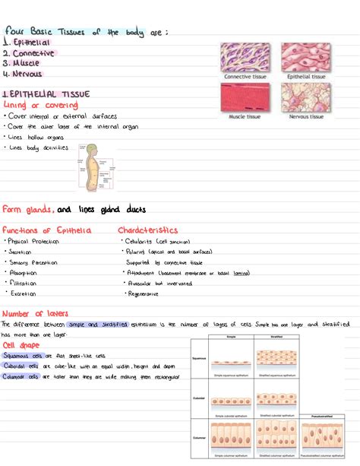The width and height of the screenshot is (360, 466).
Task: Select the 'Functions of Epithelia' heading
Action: [46, 230]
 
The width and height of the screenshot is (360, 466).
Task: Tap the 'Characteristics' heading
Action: [148, 229]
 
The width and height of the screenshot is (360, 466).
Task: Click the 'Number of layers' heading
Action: [35, 313]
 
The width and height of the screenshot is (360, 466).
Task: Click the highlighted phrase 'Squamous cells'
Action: [25, 355]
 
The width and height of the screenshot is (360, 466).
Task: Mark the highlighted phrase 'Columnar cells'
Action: [25, 376]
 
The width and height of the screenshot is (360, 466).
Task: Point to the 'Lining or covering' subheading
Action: [33, 104]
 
